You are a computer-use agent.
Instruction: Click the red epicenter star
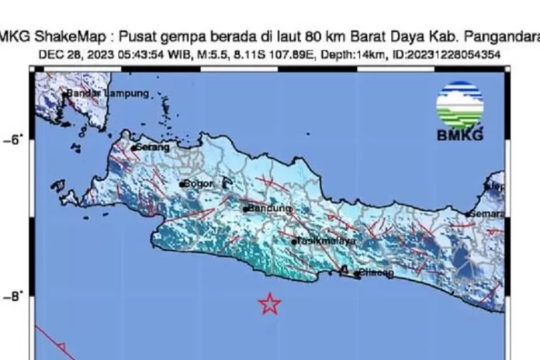tap(269, 303)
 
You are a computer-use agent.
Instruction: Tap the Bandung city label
tap(269, 209)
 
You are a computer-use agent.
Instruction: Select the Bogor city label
tap(199, 184)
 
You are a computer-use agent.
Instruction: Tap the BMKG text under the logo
tap(460, 136)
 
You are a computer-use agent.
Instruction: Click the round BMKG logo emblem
tap(459, 104)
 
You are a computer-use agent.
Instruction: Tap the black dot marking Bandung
tap(245, 209)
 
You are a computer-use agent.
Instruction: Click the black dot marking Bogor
tap(183, 185)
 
